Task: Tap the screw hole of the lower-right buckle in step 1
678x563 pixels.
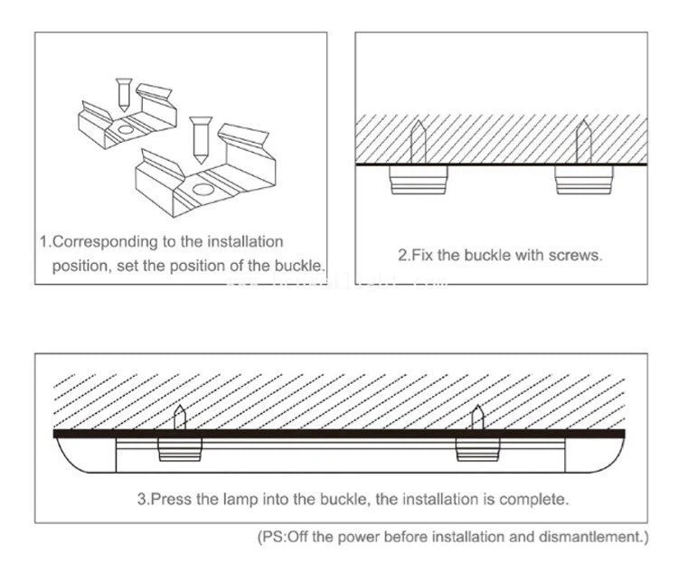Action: [x=203, y=191]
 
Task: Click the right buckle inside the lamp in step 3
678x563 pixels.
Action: [x=476, y=449]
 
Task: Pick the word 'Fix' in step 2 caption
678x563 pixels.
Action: [x=423, y=255]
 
